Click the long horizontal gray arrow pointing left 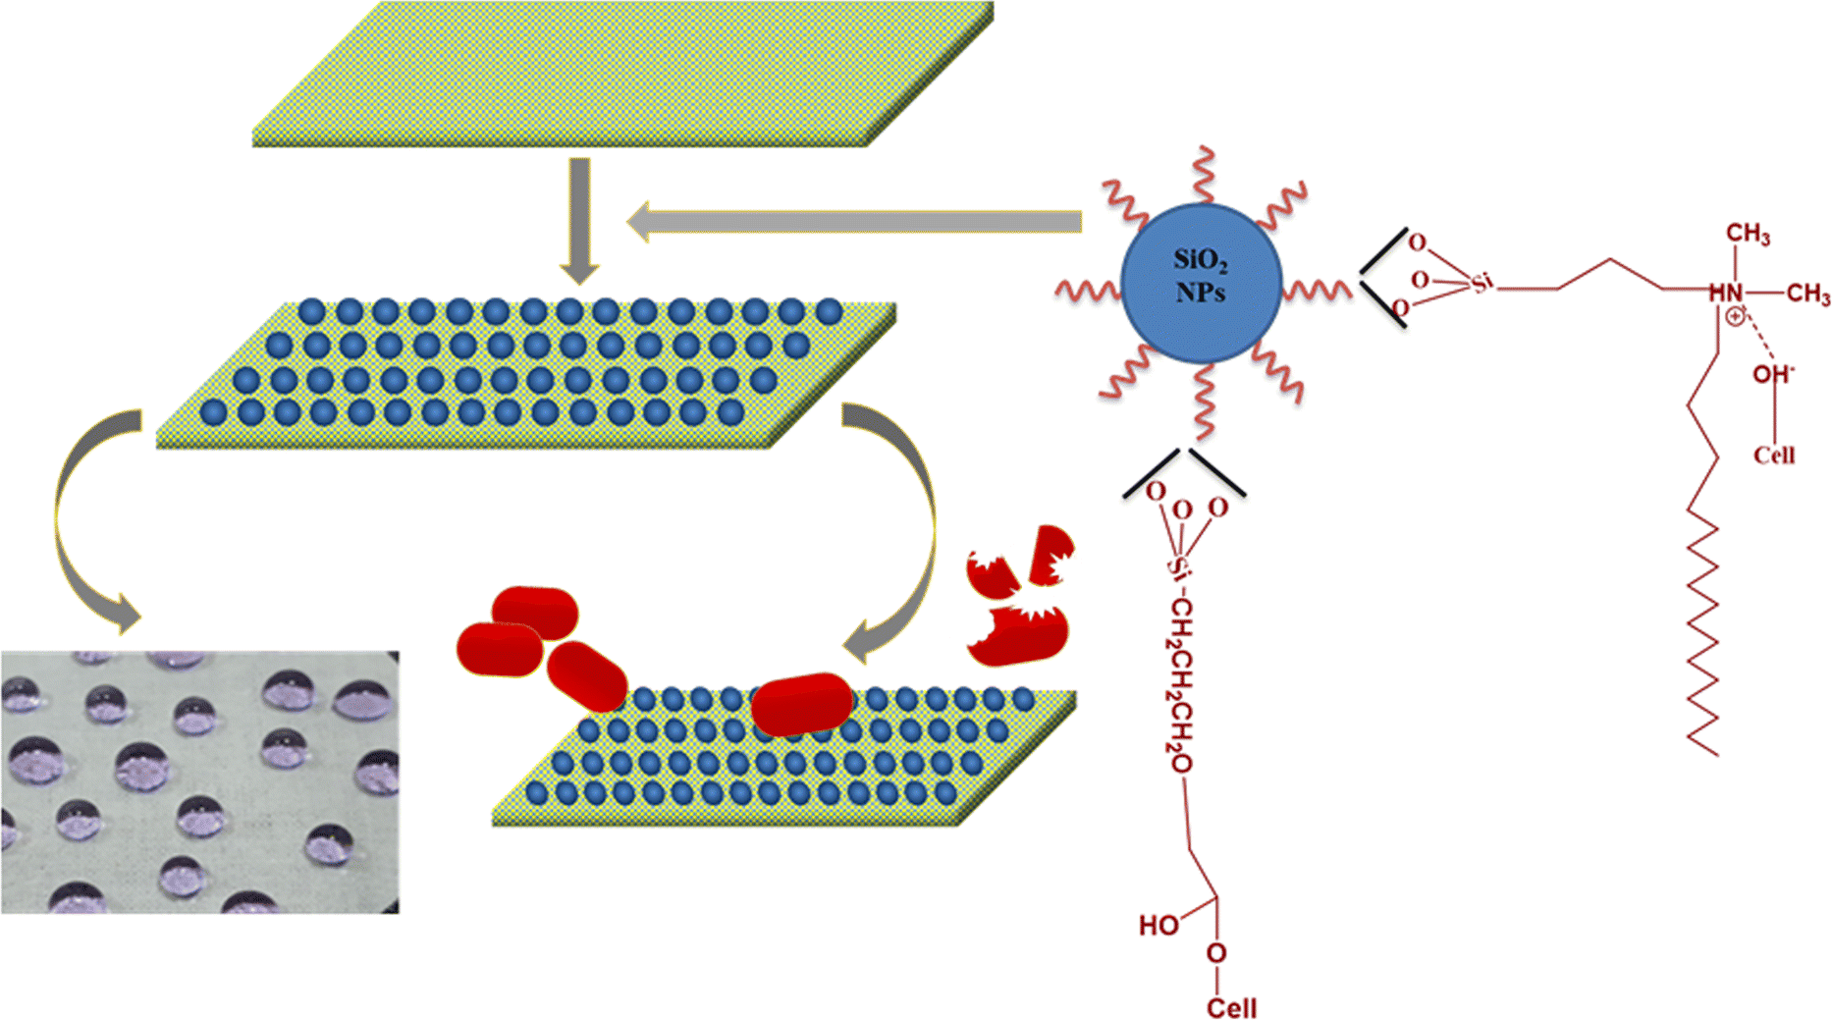[x=854, y=222]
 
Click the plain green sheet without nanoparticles [x=622, y=74]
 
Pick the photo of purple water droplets [x=199, y=781]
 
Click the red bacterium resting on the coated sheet [x=802, y=703]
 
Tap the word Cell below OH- [x=1773, y=456]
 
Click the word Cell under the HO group [x=1231, y=1008]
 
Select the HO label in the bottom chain [x=1158, y=925]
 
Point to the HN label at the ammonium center [x=1725, y=293]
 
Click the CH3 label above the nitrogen [x=1748, y=234]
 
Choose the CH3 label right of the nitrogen [x=1807, y=294]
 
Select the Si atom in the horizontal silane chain [x=1481, y=284]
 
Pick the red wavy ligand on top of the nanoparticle [x=1203, y=175]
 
